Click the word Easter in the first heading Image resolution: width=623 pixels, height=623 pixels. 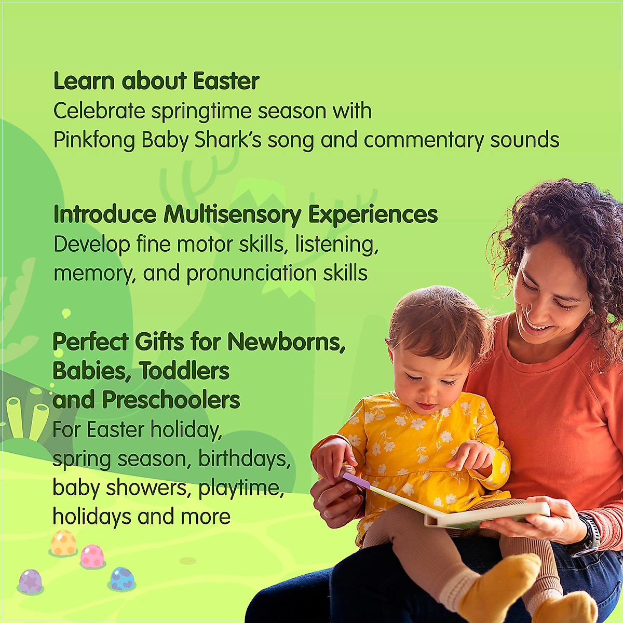click(x=226, y=80)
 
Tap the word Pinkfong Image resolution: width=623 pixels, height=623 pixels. click(x=94, y=140)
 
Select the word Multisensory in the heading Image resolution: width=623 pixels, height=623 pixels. click(x=233, y=214)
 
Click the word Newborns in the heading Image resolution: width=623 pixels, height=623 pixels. click(x=287, y=342)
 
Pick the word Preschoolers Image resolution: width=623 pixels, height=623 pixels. click(x=171, y=400)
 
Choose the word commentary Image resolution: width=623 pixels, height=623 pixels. click(x=424, y=140)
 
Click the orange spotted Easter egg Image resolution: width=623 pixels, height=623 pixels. click(x=64, y=542)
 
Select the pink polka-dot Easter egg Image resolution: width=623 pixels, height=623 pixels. click(x=92, y=556)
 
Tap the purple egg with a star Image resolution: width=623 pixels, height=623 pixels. click(x=31, y=581)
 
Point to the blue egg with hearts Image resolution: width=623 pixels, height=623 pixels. click(x=122, y=579)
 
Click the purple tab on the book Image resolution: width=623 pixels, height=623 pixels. click(x=356, y=481)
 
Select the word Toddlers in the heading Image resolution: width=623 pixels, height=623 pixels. click(x=184, y=371)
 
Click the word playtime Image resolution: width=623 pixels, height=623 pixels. click(x=241, y=487)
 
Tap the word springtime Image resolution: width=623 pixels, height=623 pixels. click(x=201, y=112)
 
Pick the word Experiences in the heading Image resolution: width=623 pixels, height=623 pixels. click(x=373, y=214)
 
